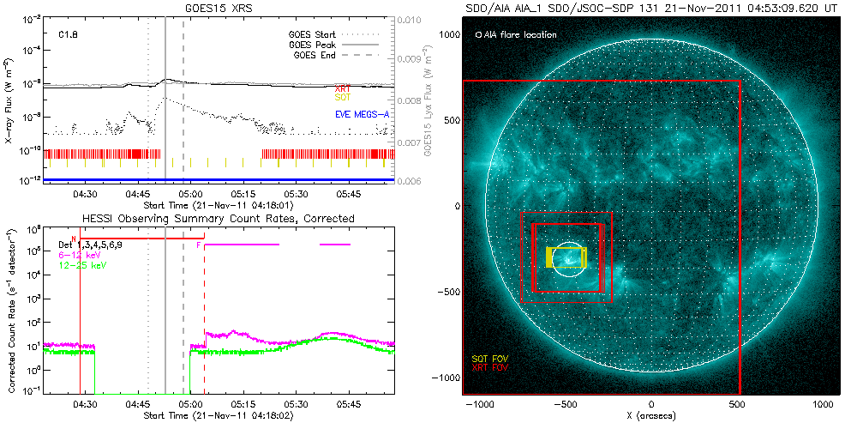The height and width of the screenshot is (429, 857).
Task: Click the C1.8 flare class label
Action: (69, 35)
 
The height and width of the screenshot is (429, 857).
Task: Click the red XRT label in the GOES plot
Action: (342, 88)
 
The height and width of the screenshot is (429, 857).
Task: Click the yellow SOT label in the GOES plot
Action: (342, 98)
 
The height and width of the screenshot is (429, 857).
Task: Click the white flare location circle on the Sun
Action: (566, 258)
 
